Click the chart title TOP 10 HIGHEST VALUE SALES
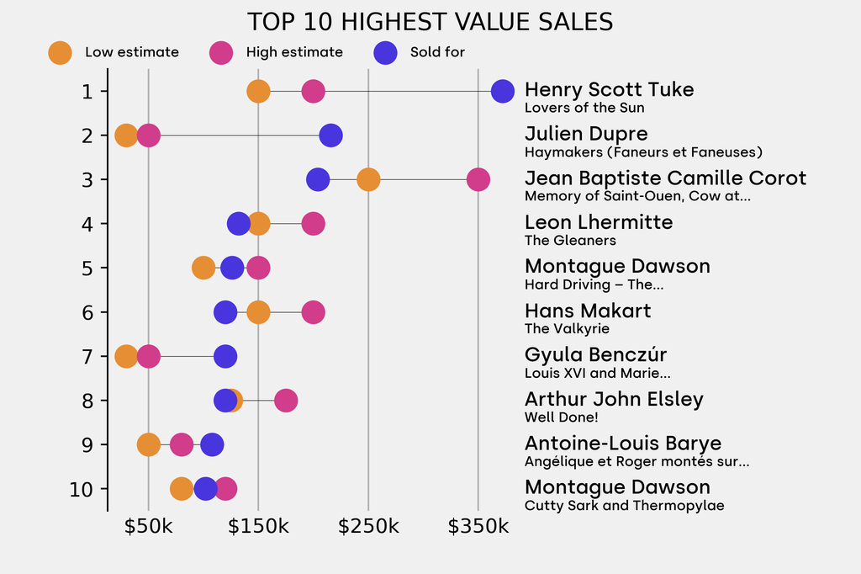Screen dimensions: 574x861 (x=430, y=22)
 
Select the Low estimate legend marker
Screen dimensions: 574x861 (x=60, y=52)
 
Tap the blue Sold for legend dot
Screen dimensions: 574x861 (x=385, y=52)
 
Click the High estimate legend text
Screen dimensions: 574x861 (x=294, y=52)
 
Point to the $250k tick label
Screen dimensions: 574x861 (x=367, y=527)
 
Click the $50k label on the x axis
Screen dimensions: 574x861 (x=148, y=527)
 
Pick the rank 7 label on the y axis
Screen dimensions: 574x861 (x=87, y=356)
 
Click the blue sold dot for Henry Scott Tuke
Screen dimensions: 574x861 (x=502, y=91)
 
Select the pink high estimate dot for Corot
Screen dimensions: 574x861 (x=478, y=179)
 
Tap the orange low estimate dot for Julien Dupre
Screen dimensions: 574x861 (x=126, y=136)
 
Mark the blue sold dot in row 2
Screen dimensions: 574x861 (x=331, y=136)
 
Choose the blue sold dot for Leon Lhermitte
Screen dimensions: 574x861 (x=239, y=224)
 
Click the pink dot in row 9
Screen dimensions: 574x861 (x=182, y=444)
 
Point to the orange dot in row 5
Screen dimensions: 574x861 (x=203, y=268)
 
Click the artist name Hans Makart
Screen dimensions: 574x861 (x=588, y=311)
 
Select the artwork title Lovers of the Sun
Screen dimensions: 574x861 (x=584, y=108)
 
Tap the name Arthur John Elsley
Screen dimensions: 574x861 (x=614, y=399)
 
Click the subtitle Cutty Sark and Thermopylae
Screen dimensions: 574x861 (x=624, y=506)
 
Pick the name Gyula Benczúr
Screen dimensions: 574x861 (x=595, y=354)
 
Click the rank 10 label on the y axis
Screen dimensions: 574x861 (x=83, y=489)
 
